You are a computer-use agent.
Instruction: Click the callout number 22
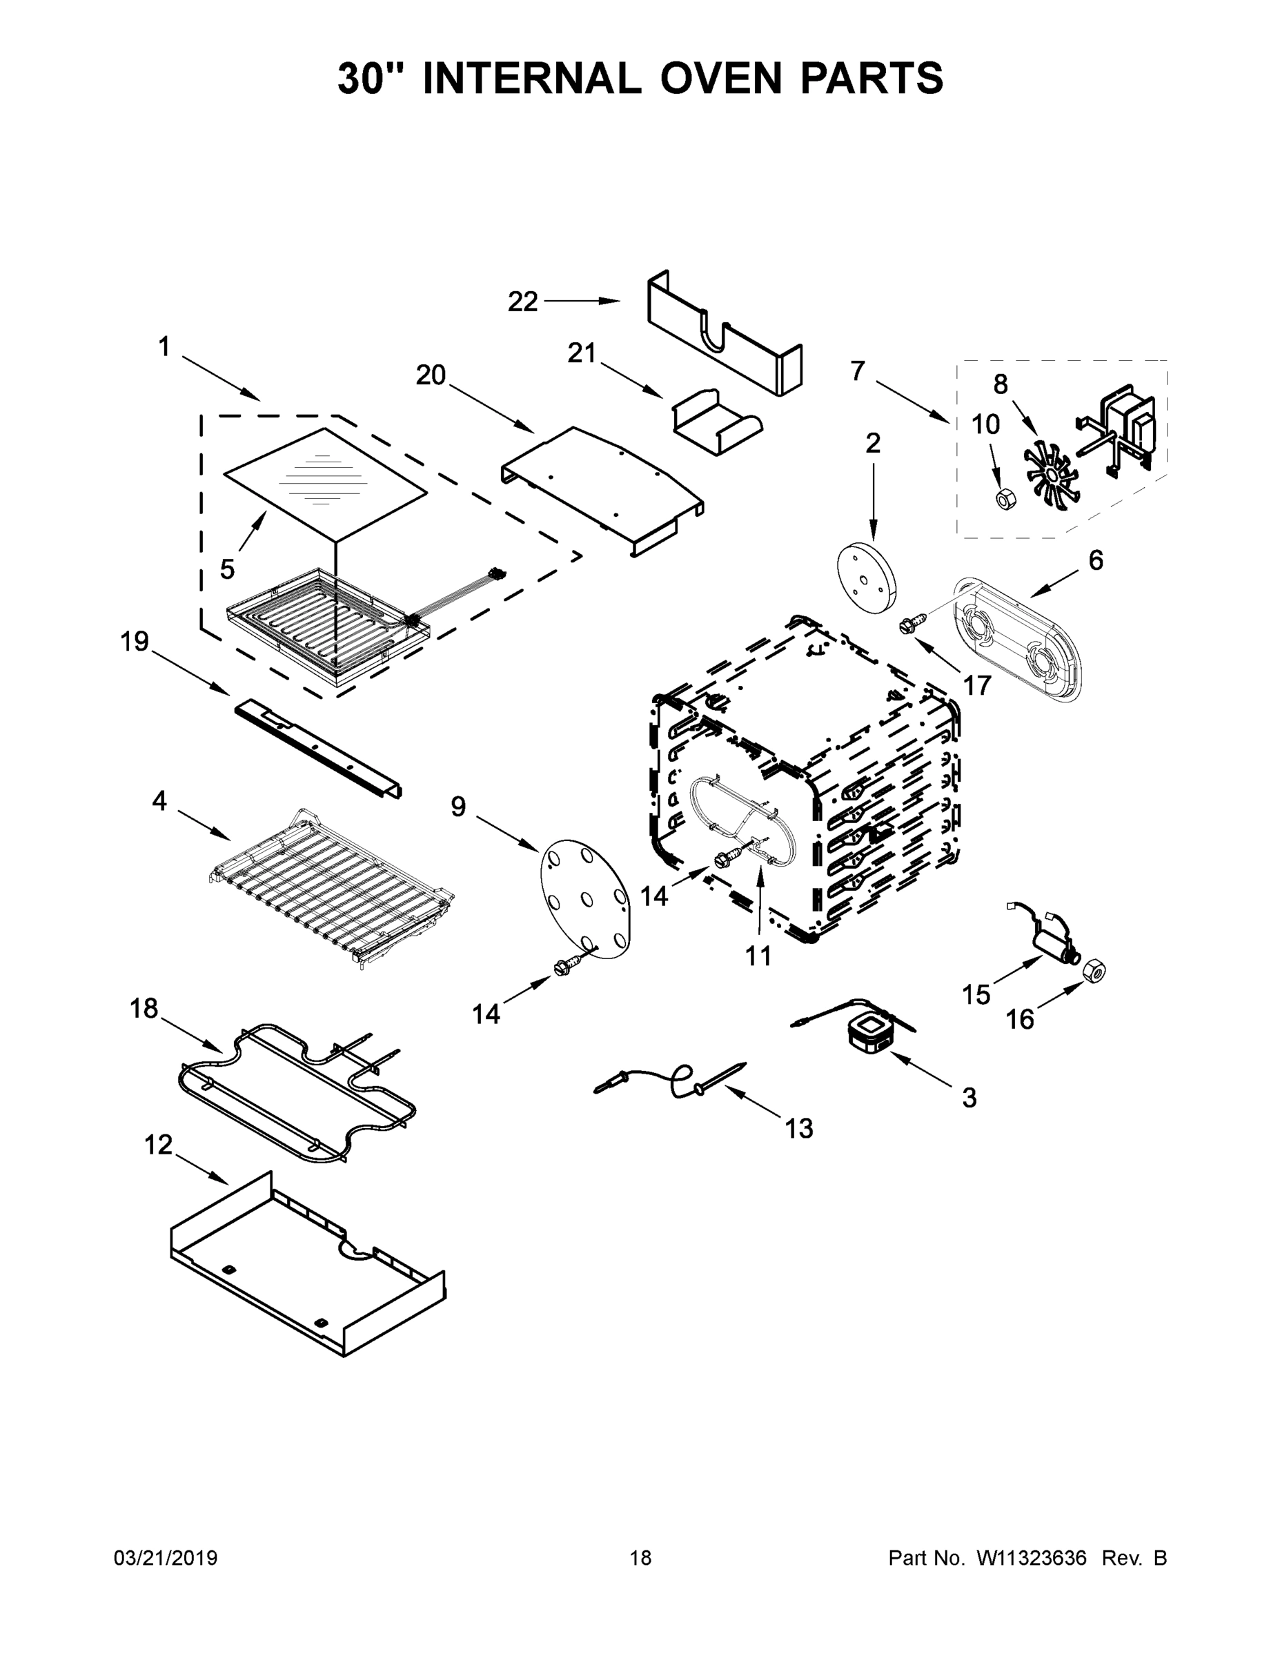coord(522,302)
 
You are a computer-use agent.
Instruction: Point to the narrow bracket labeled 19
coord(319,749)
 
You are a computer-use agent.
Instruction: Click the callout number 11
coord(758,956)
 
